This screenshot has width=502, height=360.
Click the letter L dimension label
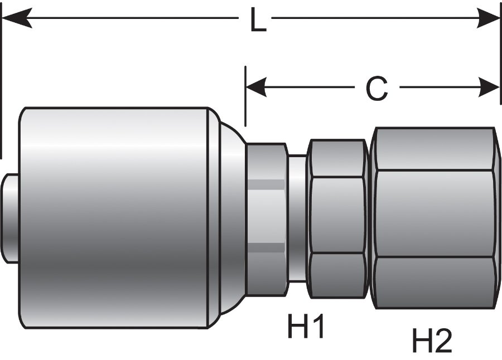pos(258,22)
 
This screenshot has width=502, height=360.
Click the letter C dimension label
pos(376,88)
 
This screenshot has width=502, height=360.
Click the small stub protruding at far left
pos(10,217)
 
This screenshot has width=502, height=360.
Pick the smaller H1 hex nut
pos(337,217)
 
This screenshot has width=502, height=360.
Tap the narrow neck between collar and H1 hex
pos(297,217)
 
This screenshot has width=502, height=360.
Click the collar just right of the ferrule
pos(267,217)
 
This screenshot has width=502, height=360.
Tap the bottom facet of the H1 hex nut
pos(337,275)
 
